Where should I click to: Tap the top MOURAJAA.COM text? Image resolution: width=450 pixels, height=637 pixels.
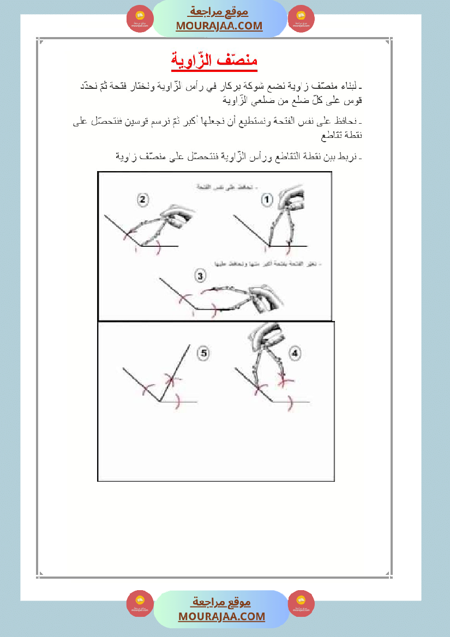219,26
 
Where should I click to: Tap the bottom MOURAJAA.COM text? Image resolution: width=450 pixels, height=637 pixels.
221,616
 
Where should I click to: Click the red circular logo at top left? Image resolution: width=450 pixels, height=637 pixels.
140,19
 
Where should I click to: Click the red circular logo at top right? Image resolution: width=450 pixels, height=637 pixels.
301,19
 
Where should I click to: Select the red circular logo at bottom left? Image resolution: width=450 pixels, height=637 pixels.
140,603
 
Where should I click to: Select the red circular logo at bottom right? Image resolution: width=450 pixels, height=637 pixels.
301,603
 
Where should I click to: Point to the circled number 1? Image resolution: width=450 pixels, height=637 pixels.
267,200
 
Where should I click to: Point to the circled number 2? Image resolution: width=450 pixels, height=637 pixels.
142,200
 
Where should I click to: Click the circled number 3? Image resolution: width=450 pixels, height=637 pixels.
200,276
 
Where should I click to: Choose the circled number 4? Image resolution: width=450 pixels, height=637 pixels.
295,354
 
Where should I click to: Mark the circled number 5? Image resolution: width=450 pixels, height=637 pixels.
203,354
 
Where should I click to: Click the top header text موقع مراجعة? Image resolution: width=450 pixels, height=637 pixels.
219,12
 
